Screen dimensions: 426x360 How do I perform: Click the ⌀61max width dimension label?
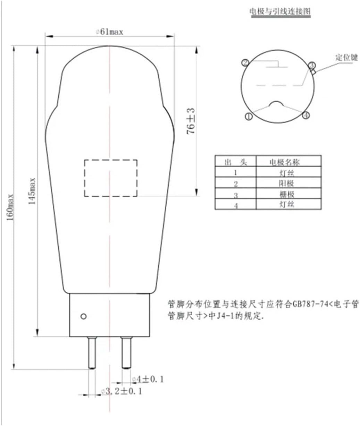(x=110, y=32)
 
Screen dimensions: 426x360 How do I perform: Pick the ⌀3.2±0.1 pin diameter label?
(x=122, y=392)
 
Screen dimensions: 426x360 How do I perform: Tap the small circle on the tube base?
(x=83, y=316)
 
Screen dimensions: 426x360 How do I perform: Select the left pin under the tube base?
(x=92, y=353)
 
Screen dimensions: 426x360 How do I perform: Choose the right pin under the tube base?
(x=126, y=353)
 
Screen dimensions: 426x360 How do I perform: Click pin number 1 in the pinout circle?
(x=249, y=117)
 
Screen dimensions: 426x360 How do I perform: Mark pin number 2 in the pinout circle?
(x=245, y=63)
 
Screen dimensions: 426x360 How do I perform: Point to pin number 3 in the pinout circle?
(x=311, y=65)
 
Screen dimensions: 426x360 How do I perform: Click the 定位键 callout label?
(x=346, y=58)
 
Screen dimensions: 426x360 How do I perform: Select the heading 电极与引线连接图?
(x=280, y=11)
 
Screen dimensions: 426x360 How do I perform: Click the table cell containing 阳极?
(x=288, y=183)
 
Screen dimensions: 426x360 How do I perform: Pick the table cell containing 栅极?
(x=288, y=194)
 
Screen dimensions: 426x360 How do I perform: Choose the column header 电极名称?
(x=288, y=162)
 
